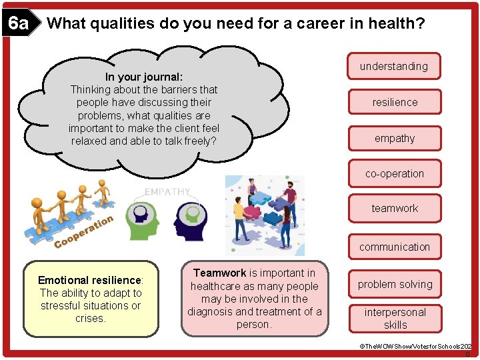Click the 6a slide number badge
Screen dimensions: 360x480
point(18,25)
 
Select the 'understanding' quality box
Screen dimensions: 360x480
point(394,66)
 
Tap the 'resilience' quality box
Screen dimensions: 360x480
point(395,102)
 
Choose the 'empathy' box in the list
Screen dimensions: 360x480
point(395,138)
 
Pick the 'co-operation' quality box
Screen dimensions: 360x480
point(394,173)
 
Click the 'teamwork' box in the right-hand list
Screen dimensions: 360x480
point(395,208)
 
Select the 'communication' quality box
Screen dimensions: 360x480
point(395,247)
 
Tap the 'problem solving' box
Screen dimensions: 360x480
point(395,284)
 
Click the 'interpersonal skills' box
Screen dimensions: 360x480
point(395,318)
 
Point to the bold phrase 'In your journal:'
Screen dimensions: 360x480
point(144,76)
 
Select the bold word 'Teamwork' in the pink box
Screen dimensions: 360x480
point(219,273)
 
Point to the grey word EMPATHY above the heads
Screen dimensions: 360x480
point(167,191)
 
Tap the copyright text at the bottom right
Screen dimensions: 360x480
point(415,347)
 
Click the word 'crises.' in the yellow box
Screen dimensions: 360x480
point(91,318)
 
